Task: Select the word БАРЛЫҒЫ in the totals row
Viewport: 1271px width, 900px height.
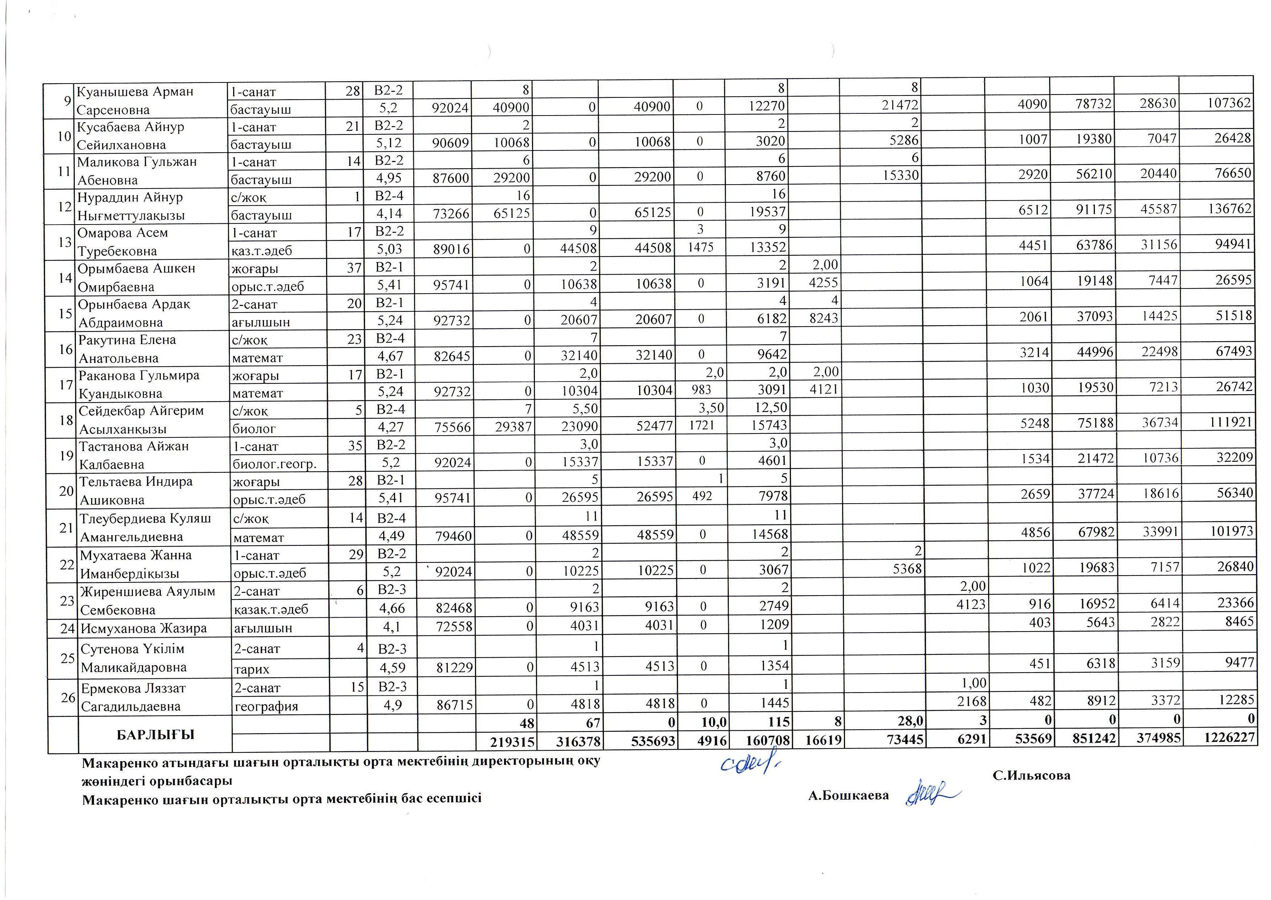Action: coord(156,735)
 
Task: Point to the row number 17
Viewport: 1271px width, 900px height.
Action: coord(66,385)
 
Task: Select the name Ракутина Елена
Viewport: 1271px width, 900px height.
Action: coord(127,340)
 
